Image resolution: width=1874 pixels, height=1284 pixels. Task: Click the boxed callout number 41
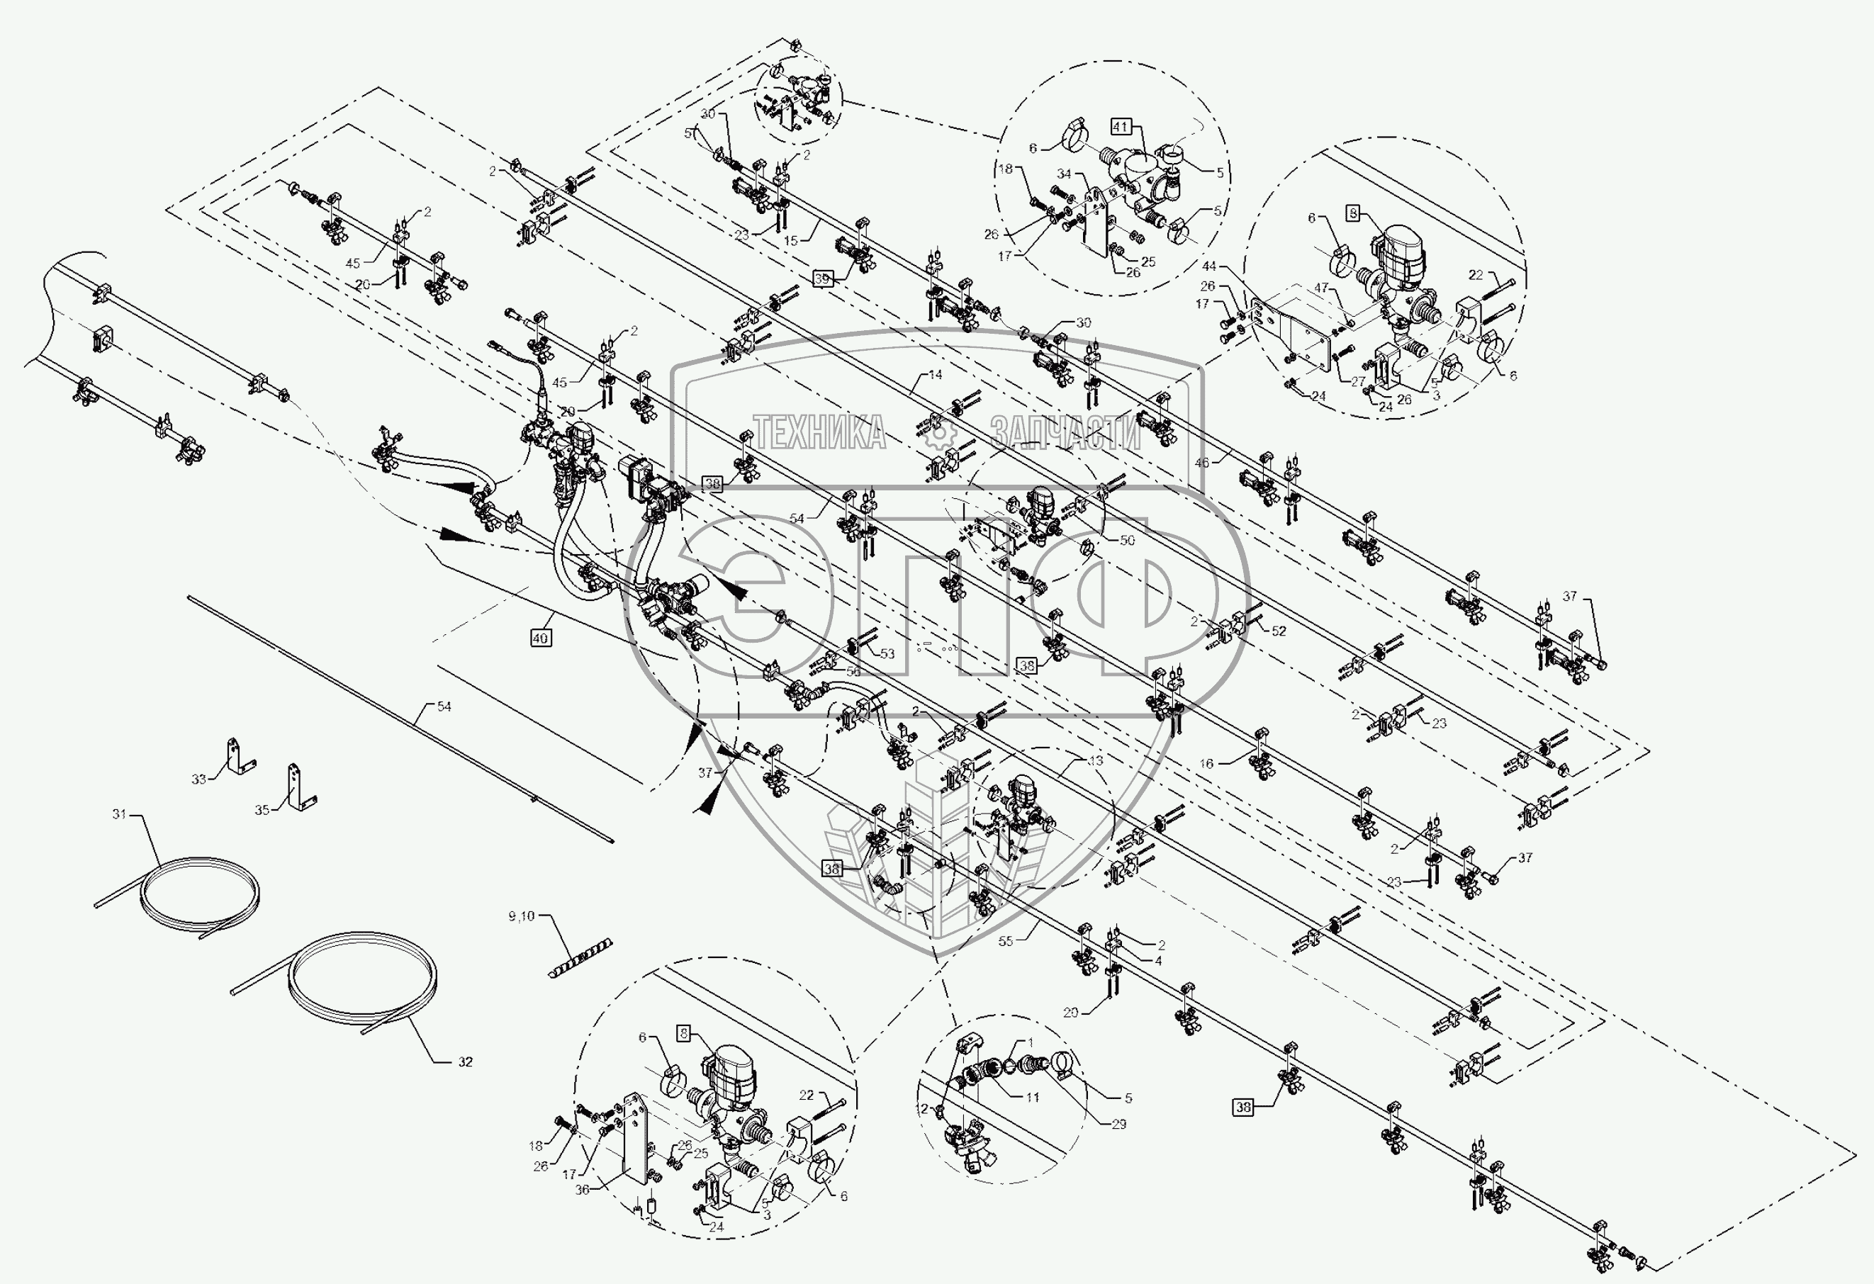coord(1121,128)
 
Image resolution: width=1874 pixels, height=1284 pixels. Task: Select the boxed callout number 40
coord(540,638)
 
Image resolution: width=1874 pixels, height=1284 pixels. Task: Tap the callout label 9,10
coord(522,916)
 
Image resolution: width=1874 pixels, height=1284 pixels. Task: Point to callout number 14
coord(936,375)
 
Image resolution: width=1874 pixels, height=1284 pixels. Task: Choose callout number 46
coord(1202,463)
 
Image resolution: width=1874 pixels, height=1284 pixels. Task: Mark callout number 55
coord(1006,940)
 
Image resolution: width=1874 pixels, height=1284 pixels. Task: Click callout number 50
coord(1126,540)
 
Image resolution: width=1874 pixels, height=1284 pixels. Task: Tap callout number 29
coord(1118,1124)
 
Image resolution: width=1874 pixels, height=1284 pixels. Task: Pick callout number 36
coord(582,1190)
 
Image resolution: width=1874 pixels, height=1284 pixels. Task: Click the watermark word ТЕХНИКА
coord(819,433)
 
